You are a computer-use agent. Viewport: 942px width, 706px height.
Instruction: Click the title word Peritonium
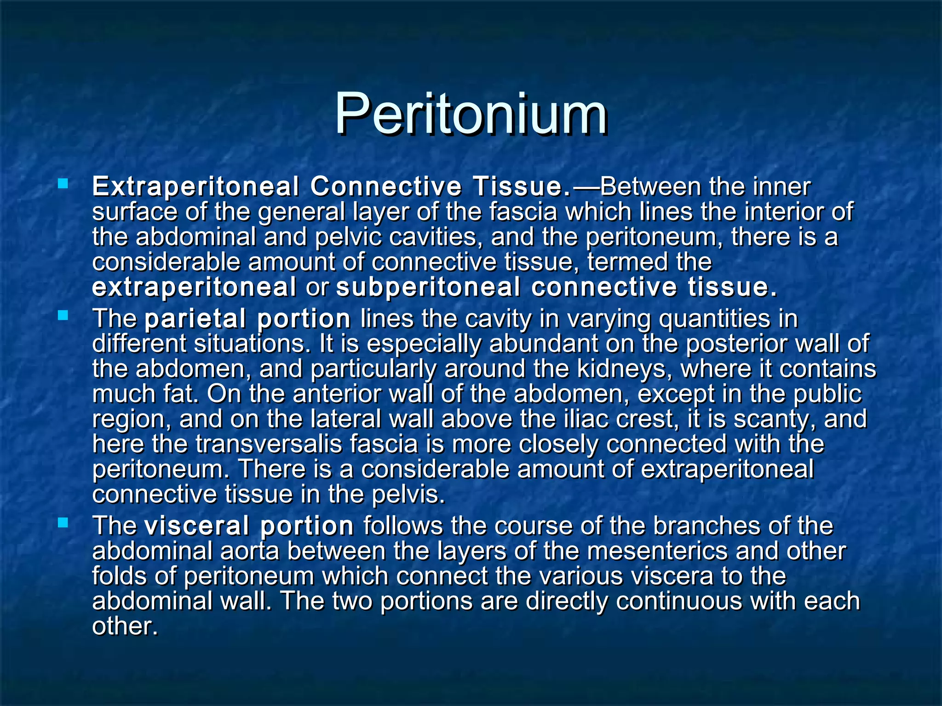pyautogui.click(x=470, y=114)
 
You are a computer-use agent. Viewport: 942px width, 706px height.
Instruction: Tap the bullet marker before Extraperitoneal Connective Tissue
pyautogui.click(x=63, y=185)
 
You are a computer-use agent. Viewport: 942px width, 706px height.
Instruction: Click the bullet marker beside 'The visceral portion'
pyautogui.click(x=63, y=523)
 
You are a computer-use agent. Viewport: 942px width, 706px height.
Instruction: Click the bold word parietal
pyautogui.click(x=195, y=319)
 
